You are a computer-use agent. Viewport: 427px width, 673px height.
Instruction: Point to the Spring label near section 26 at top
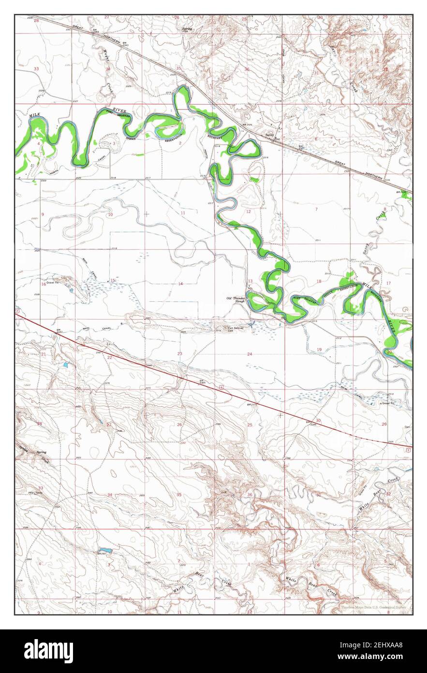(x=187, y=29)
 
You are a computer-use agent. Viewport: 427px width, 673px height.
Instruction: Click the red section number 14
(x=180, y=284)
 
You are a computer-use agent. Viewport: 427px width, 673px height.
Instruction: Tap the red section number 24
(x=250, y=354)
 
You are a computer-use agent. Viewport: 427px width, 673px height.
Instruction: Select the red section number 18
(x=319, y=281)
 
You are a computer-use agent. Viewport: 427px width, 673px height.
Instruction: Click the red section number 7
(x=316, y=209)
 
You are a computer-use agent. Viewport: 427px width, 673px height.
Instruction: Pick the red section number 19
(x=319, y=350)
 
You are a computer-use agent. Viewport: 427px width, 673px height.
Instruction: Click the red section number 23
(x=179, y=354)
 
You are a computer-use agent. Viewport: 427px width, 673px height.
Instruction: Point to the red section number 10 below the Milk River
(x=110, y=214)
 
